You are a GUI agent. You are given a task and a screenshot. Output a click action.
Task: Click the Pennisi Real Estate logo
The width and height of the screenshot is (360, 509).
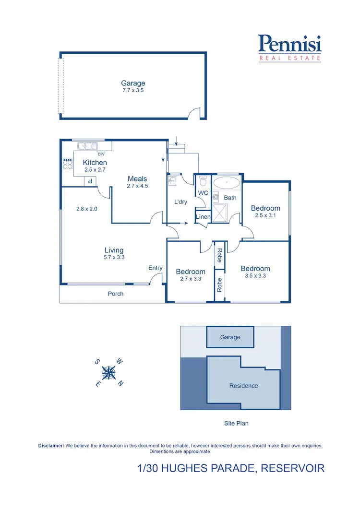click(289, 48)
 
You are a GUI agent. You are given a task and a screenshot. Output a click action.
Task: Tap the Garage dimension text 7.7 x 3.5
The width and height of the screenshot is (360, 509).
click(133, 90)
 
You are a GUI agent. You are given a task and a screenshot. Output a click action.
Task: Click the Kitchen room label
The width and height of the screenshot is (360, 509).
click(95, 163)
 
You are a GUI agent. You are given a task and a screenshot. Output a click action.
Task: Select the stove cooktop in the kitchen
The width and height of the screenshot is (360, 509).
click(67, 164)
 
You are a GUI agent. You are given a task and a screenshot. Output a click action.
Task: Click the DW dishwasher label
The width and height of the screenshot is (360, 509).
click(101, 154)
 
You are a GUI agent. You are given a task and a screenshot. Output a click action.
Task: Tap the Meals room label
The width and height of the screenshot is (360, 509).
click(137, 179)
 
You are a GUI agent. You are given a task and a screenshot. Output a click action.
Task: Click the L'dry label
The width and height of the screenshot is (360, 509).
click(180, 202)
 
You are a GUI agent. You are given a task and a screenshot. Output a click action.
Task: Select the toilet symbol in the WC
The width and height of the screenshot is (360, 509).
click(203, 181)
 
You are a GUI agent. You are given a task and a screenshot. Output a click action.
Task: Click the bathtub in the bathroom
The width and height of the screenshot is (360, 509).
click(227, 183)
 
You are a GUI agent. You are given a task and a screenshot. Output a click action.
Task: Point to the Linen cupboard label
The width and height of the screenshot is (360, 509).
click(203, 217)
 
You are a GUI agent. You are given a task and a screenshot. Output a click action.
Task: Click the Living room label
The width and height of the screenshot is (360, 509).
click(114, 250)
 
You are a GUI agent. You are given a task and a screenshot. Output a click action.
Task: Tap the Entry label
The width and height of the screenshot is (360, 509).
click(156, 268)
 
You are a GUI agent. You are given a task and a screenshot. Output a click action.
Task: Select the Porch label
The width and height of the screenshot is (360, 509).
click(116, 294)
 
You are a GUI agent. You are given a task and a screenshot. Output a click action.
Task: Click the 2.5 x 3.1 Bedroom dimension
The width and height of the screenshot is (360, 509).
click(265, 215)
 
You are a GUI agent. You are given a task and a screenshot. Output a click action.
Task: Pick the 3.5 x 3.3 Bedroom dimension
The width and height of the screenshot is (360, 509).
click(255, 276)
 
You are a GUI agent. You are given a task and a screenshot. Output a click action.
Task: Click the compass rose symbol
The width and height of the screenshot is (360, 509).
click(110, 372)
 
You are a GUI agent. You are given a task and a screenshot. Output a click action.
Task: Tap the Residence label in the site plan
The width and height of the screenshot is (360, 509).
click(243, 386)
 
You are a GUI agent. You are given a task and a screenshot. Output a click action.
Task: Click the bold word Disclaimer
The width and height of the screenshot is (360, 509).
click(51, 446)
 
